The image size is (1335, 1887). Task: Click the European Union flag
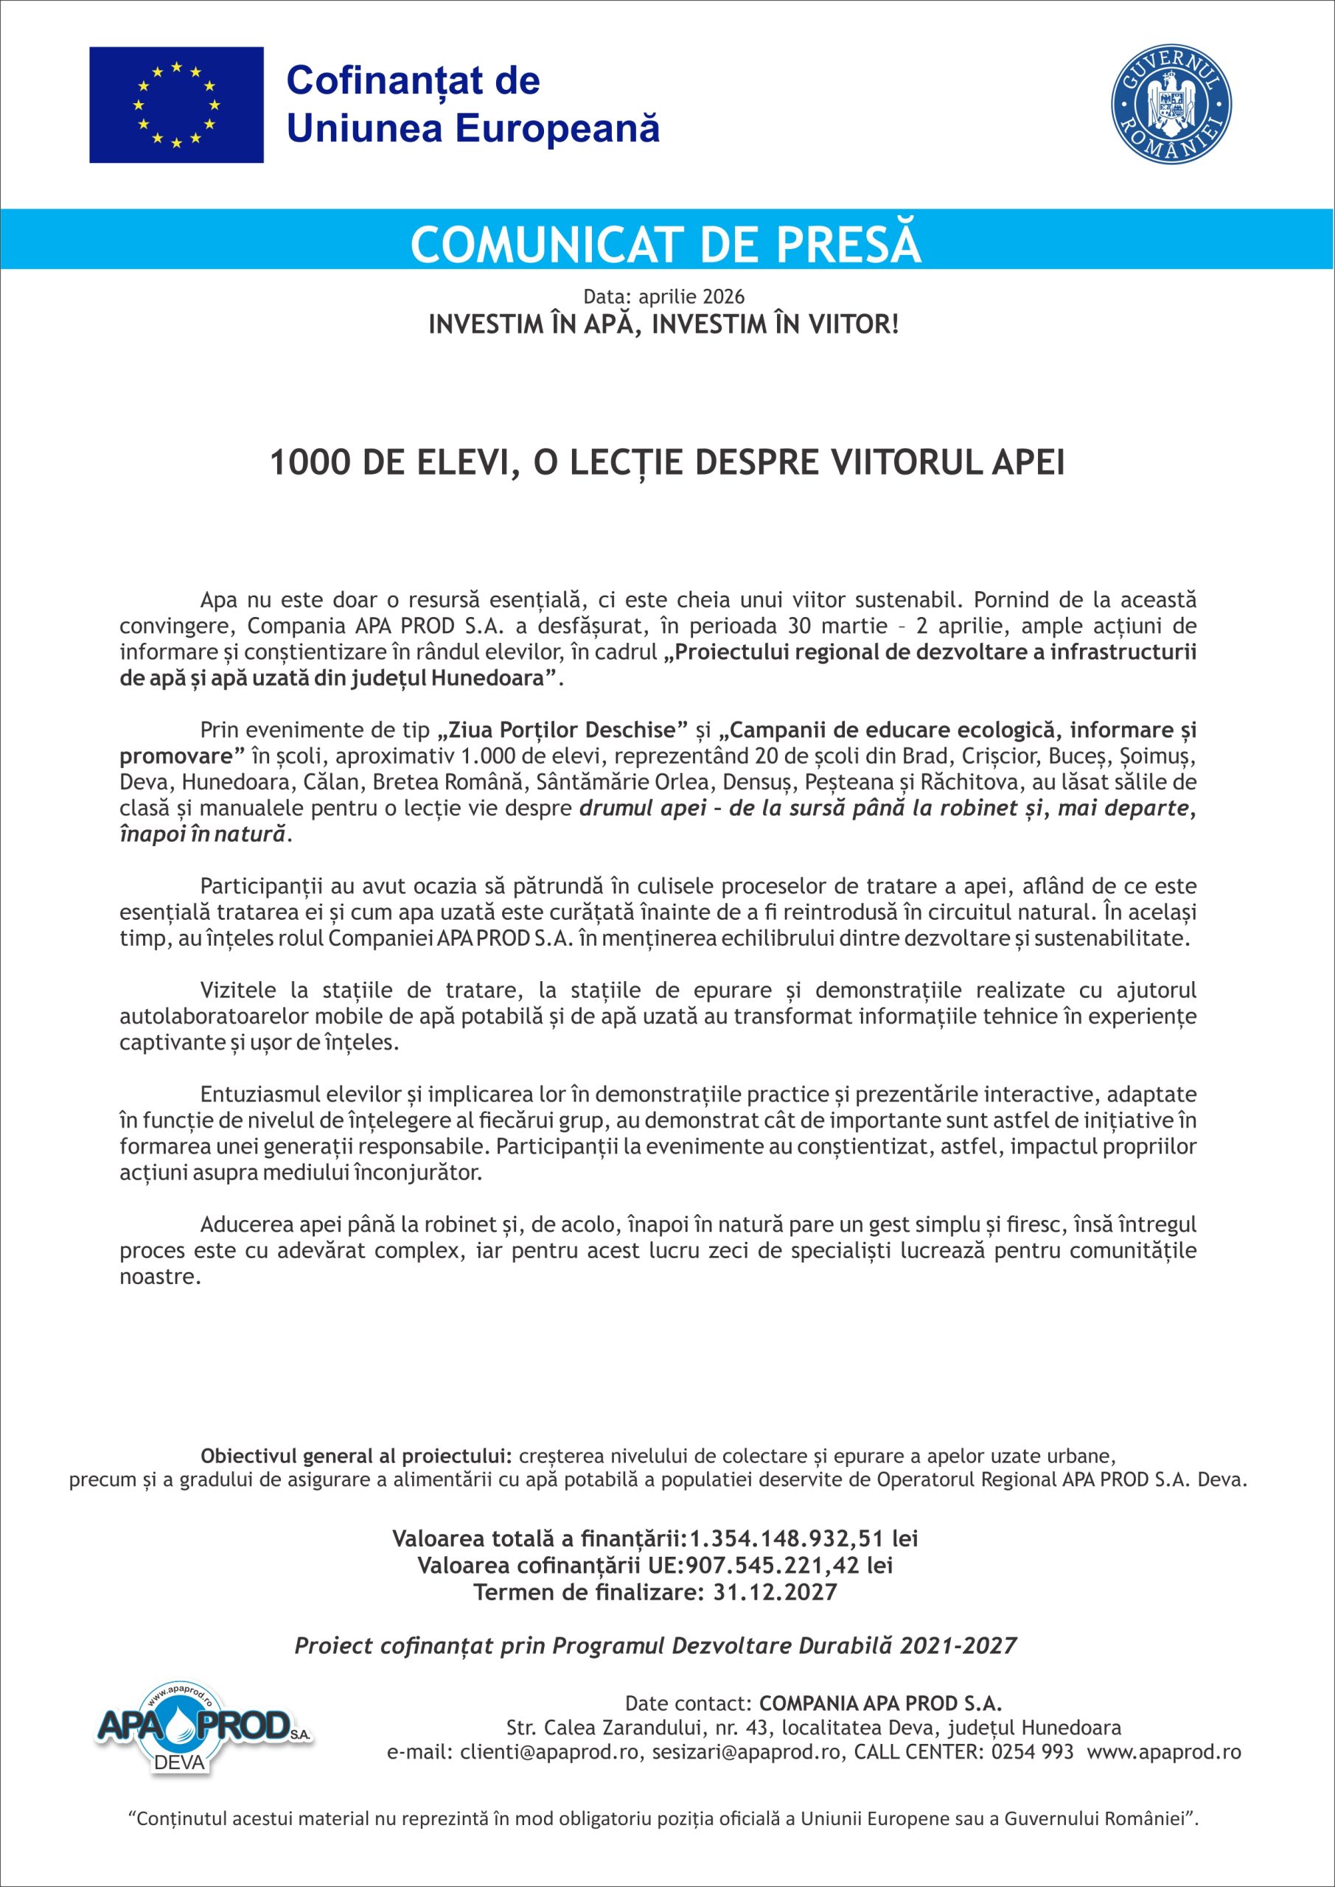(176, 105)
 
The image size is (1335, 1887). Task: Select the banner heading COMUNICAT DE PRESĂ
(666, 244)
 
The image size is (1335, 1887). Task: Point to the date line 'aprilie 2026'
(691, 296)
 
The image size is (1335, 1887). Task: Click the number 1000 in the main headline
(309, 464)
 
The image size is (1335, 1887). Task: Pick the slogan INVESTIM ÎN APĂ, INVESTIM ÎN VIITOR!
(663, 324)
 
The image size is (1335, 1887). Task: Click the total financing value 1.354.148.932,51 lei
(803, 1538)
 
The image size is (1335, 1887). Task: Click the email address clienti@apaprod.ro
(549, 1751)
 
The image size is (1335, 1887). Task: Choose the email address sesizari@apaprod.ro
(748, 1751)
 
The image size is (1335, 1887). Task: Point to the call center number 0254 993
(1033, 1751)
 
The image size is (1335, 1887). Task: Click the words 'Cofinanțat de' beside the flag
(413, 80)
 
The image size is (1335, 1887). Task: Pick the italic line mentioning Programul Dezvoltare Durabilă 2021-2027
(655, 1645)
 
